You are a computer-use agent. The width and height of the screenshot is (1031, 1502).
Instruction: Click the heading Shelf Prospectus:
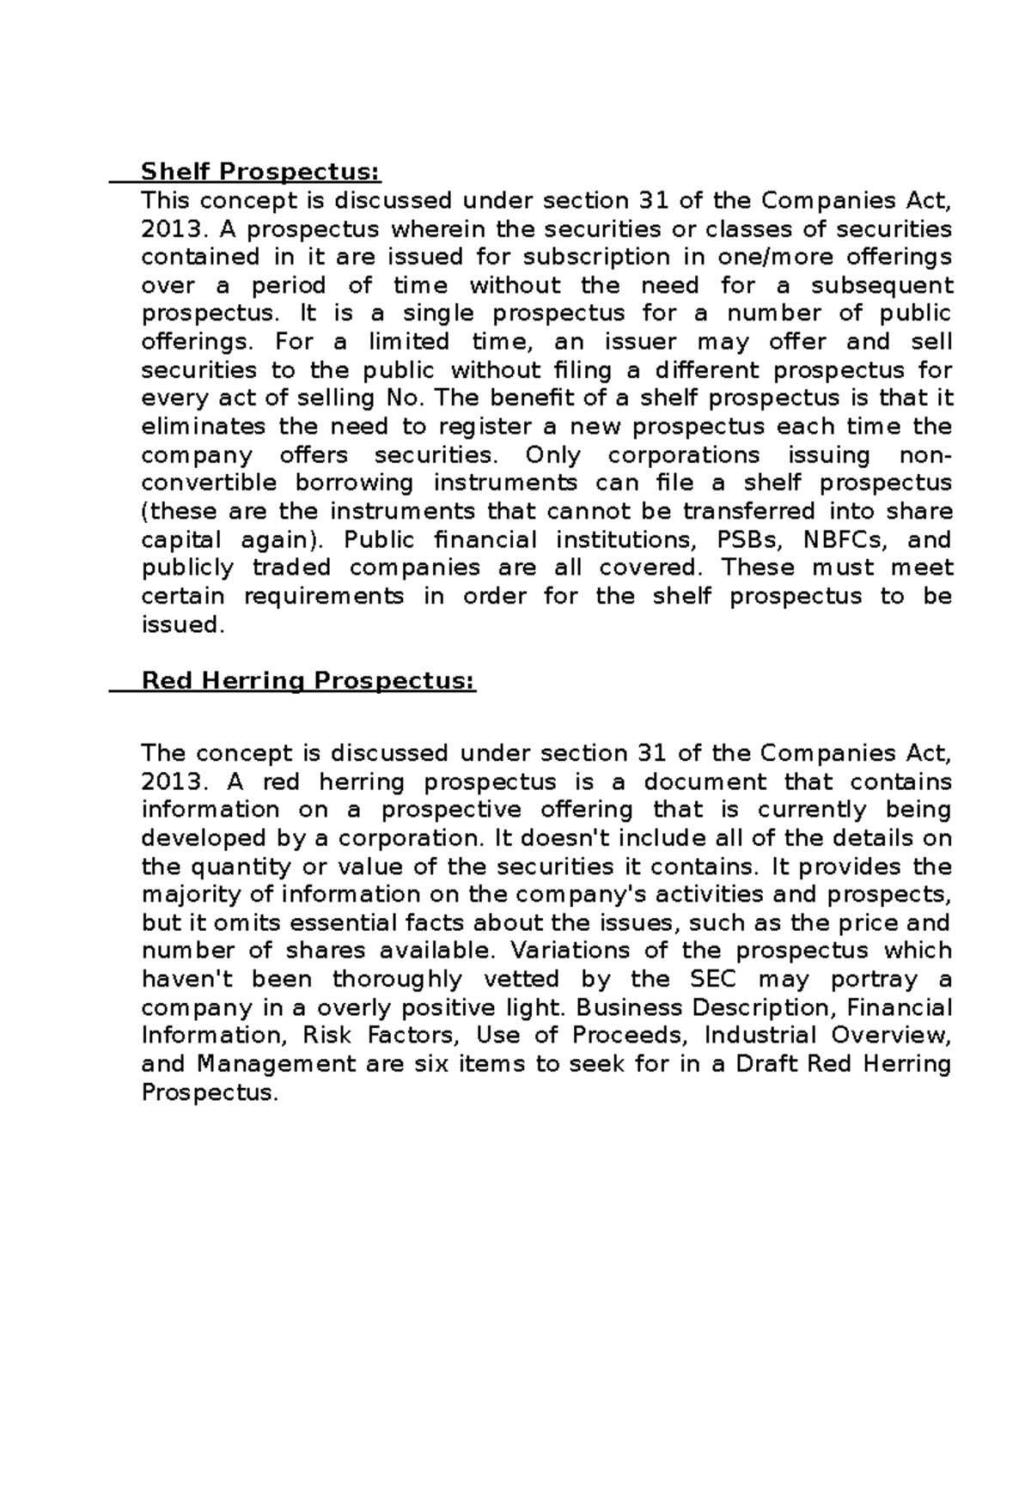[259, 173]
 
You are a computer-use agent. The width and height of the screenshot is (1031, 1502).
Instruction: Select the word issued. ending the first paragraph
[182, 624]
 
